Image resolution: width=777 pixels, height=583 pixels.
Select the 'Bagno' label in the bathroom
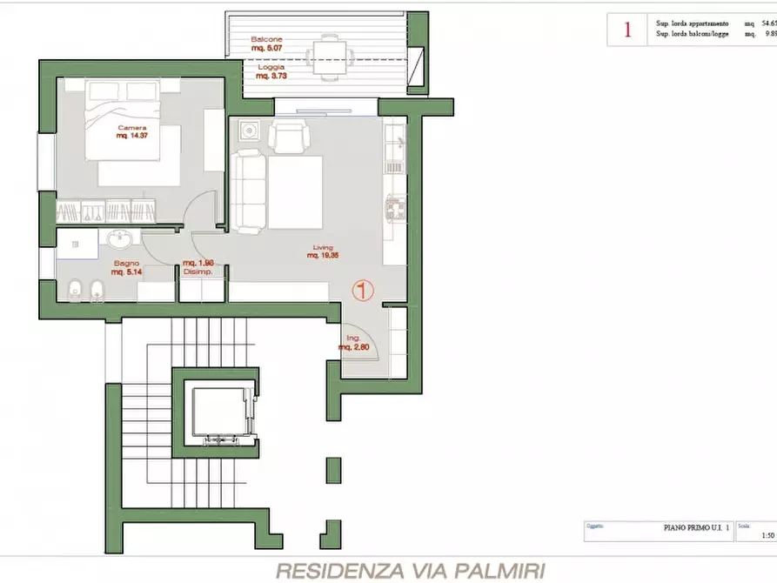coord(126,263)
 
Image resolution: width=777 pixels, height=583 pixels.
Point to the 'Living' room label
coord(323,247)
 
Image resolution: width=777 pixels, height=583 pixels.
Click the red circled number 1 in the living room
coord(363,290)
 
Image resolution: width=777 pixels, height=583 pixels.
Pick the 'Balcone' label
coord(266,40)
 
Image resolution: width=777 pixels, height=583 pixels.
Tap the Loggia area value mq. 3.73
coord(271,76)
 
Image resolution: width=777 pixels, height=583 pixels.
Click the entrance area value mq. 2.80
coord(354,347)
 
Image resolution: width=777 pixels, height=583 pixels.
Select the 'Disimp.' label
coord(198,271)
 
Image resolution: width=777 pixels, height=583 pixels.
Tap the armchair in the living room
coord(287,137)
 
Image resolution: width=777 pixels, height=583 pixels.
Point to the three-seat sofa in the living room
coord(249,191)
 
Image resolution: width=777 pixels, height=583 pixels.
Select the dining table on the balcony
coord(329,55)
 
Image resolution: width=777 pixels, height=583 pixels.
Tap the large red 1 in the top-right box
coord(626,30)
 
